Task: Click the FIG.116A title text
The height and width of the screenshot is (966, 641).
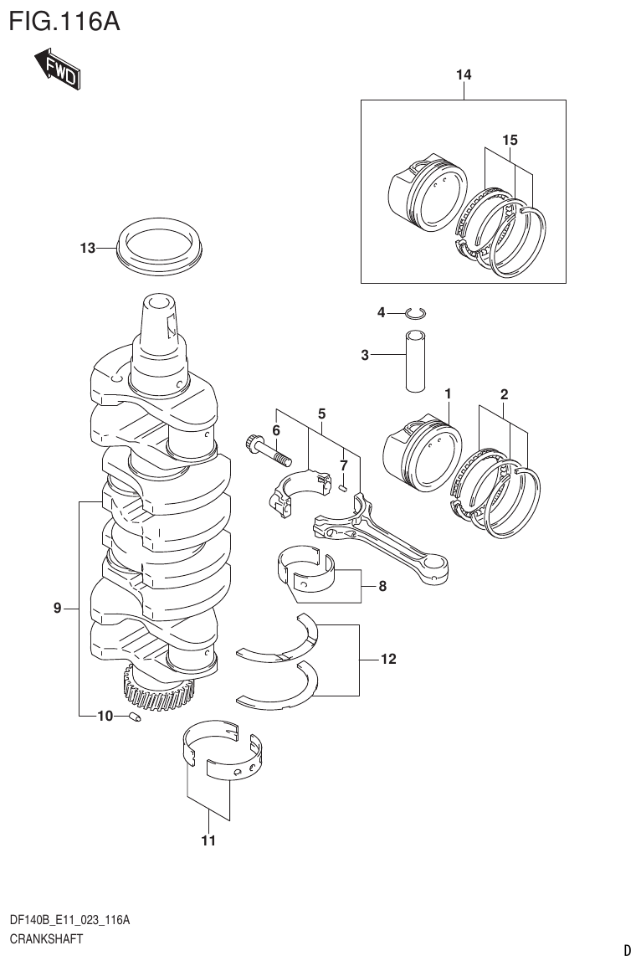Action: click(x=64, y=21)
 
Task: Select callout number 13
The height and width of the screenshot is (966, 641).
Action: click(x=88, y=248)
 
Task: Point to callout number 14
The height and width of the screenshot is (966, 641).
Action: click(x=464, y=76)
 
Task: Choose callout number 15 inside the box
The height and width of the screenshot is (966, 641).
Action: click(x=510, y=140)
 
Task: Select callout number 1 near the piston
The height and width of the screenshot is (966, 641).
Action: click(x=449, y=393)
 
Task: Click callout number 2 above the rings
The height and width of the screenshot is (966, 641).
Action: click(x=504, y=393)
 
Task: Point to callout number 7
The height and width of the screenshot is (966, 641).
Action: click(x=343, y=465)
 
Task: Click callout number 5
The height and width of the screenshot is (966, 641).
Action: click(x=321, y=414)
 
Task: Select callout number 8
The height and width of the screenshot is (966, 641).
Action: click(x=382, y=586)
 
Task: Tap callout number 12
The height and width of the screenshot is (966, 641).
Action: click(x=387, y=660)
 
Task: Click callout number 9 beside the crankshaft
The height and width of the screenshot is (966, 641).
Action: click(x=58, y=609)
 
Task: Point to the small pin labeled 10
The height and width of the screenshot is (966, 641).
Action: click(x=133, y=717)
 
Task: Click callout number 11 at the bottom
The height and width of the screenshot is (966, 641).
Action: click(x=208, y=840)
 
